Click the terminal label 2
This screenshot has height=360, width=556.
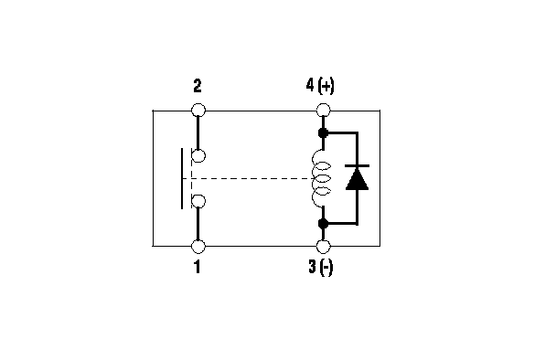click(198, 86)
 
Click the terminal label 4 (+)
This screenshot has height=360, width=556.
click(320, 86)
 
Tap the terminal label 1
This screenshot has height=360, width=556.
click(198, 267)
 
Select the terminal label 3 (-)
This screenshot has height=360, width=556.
click(321, 267)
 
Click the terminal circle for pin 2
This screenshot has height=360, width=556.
click(198, 111)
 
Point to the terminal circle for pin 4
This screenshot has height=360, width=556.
click(323, 111)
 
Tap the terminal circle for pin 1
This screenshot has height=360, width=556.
click(198, 247)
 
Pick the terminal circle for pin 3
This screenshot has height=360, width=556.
click(323, 247)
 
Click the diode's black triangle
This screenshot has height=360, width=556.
click(357, 180)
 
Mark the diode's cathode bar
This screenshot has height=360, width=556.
click(357, 165)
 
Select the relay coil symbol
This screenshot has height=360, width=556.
click(321, 178)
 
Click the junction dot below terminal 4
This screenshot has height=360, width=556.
click(323, 133)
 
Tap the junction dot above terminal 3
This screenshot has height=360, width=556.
click(323, 224)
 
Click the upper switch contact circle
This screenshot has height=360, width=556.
click(198, 155)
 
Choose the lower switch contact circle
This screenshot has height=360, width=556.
click(198, 201)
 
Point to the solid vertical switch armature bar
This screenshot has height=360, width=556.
click(182, 178)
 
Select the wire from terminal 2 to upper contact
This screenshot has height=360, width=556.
click(198, 132)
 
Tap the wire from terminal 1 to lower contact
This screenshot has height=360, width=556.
click(198, 224)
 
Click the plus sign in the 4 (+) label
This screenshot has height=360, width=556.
click(326, 86)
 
